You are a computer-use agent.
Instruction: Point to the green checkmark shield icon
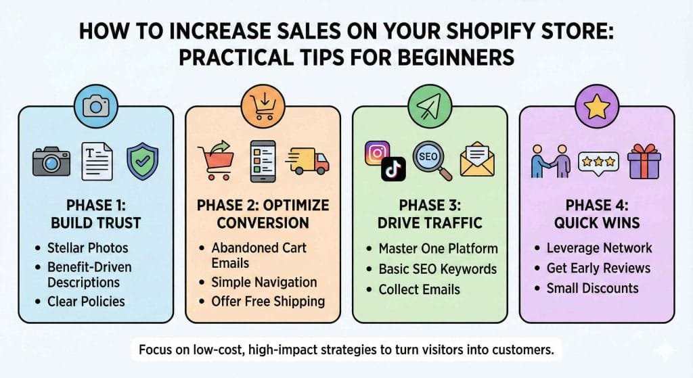coord(143,161)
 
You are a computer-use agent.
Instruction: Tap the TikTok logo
coord(392,170)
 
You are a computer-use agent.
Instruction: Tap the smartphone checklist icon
coord(263,161)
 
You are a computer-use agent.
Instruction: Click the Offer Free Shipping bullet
coord(268,301)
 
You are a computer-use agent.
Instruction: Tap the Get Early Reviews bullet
coord(598,268)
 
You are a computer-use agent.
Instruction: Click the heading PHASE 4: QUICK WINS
coord(596,214)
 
